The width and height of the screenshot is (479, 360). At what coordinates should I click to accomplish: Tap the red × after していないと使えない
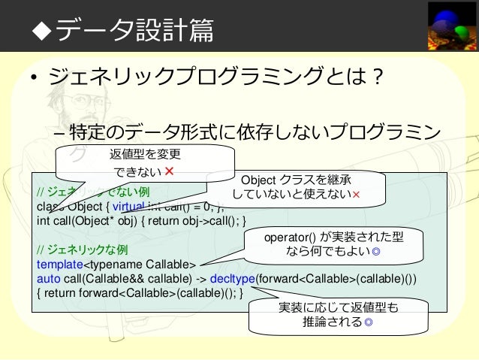(356, 195)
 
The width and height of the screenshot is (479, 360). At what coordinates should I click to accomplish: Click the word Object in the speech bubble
(257, 180)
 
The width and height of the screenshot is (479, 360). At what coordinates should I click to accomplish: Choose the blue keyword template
(59, 265)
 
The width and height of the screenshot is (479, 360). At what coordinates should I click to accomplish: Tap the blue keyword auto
(47, 279)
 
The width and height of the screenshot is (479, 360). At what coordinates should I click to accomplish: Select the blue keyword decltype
(233, 279)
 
